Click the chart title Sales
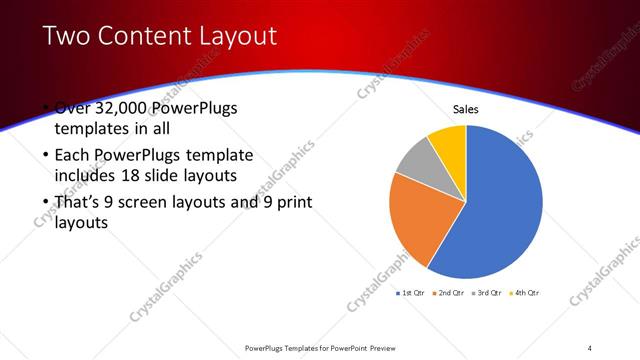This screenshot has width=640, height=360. pyautogui.click(x=466, y=109)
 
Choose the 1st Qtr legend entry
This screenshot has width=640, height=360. pyautogui.click(x=412, y=292)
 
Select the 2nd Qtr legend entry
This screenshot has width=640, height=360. pyautogui.click(x=450, y=292)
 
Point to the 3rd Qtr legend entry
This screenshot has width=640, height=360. pyautogui.click(x=487, y=292)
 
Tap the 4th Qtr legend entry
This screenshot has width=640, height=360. pyautogui.click(x=524, y=292)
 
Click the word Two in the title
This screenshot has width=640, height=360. pyautogui.click(x=66, y=36)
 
